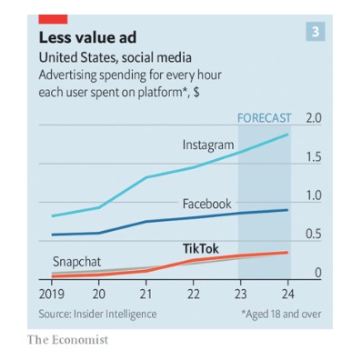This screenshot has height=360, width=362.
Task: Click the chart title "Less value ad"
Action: click(x=87, y=38)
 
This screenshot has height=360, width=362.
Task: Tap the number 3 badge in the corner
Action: click(x=316, y=32)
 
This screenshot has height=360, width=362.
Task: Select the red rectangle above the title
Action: click(x=53, y=19)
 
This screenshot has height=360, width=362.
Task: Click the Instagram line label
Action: click(x=208, y=145)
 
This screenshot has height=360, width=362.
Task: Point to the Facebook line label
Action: click(x=206, y=204)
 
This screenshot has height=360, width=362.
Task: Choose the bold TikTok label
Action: click(x=200, y=248)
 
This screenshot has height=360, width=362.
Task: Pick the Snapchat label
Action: click(x=76, y=262)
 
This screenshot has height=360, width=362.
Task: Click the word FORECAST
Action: click(x=264, y=118)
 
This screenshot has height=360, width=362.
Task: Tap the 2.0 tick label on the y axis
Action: click(x=313, y=118)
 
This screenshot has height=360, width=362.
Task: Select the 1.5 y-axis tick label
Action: click(x=313, y=157)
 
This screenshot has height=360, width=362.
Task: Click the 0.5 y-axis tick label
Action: click(x=313, y=234)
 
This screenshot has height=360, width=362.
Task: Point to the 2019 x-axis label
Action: click(x=52, y=295)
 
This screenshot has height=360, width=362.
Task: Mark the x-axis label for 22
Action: click(x=193, y=295)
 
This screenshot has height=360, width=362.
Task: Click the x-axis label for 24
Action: click(x=287, y=295)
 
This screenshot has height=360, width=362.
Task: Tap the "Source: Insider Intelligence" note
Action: click(x=97, y=314)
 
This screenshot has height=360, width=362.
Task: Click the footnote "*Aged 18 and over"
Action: click(x=281, y=314)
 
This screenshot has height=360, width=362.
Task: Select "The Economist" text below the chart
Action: click(x=67, y=340)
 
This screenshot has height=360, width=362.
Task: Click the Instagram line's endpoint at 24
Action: click(x=287, y=135)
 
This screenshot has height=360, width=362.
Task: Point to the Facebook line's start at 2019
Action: click(x=53, y=235)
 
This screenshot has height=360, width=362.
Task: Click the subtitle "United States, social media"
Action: click(x=116, y=57)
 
